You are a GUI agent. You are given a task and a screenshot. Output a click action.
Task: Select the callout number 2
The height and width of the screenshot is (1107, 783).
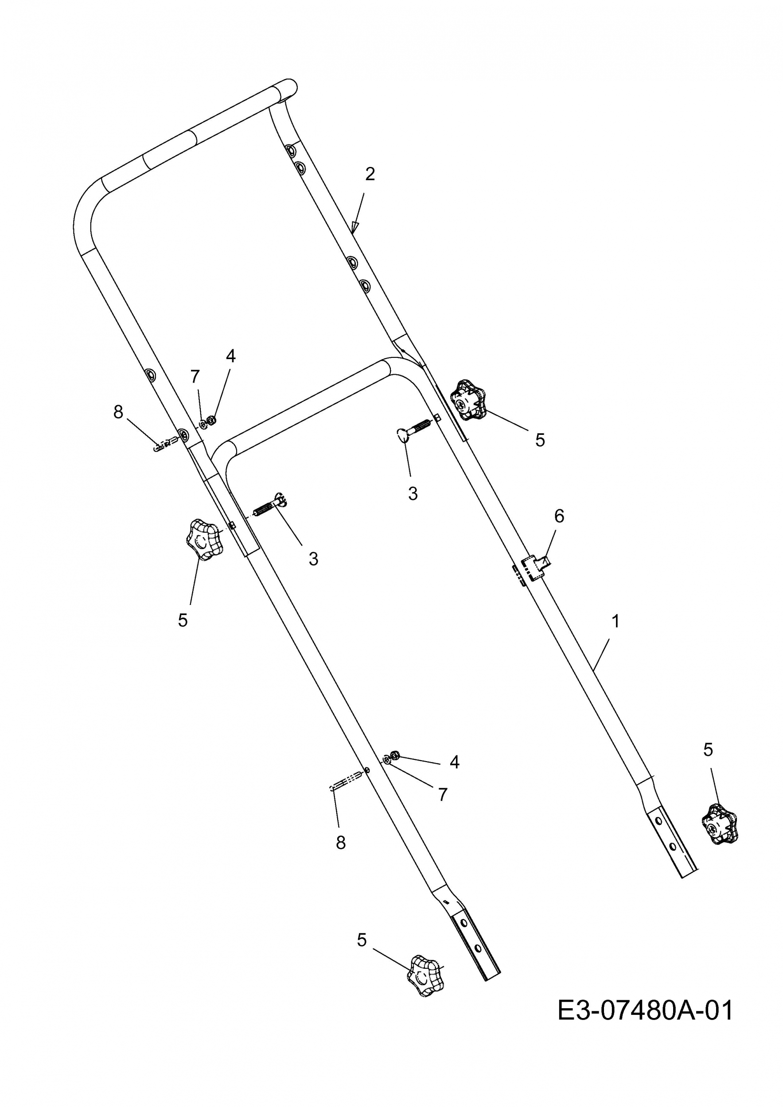(370, 174)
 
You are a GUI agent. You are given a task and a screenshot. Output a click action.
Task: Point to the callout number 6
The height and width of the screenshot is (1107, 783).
(559, 516)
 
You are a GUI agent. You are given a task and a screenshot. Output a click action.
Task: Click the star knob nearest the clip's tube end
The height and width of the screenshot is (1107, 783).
(719, 824)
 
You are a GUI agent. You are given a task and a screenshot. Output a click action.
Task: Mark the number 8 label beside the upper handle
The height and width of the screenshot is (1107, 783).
(118, 412)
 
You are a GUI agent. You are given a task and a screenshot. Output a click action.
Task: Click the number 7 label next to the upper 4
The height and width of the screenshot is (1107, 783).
(195, 376)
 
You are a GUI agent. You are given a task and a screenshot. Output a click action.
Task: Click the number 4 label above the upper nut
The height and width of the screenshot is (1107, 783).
(230, 356)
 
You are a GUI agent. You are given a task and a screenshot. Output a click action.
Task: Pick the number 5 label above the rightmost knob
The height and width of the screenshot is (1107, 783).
(708, 750)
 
